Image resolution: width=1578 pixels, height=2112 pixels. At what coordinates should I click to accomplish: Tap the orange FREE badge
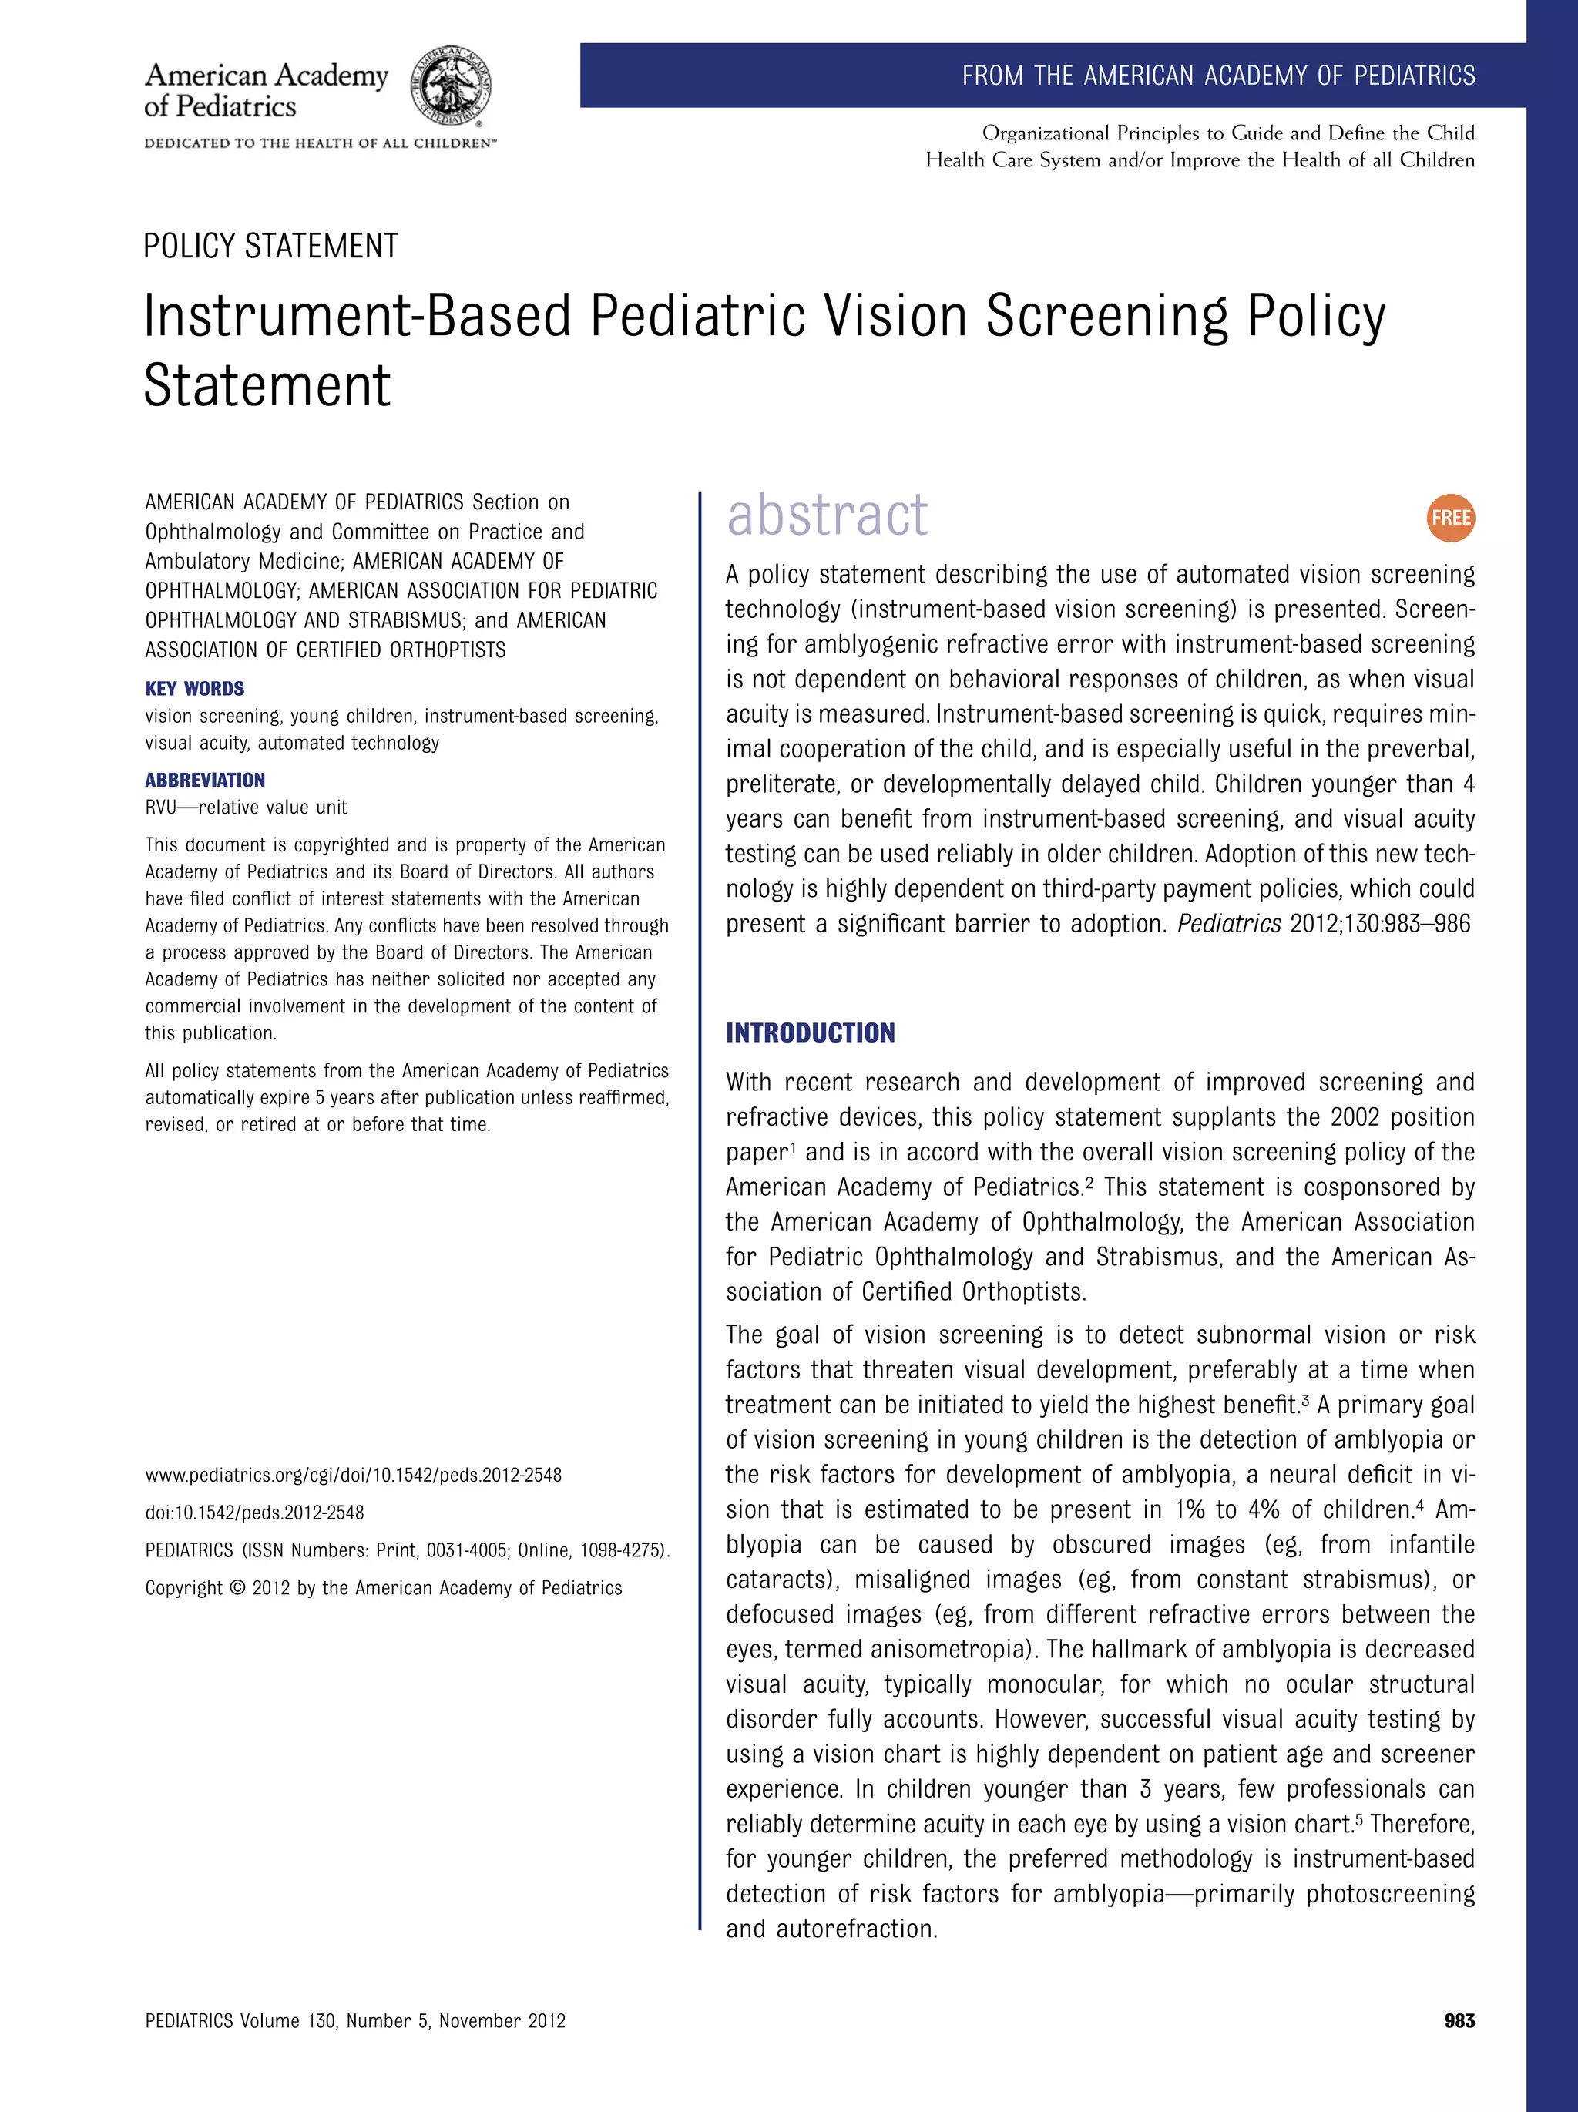click(1451, 518)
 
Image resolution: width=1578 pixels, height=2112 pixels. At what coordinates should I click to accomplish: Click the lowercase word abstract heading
click(827, 515)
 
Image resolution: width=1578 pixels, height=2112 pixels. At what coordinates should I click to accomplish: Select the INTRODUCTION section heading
click(811, 1033)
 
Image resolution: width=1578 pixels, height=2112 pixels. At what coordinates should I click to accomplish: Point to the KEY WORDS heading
click(195, 688)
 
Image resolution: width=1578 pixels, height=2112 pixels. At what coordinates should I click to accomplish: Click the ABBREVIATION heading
click(205, 780)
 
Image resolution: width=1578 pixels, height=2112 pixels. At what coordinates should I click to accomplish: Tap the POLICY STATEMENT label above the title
click(270, 247)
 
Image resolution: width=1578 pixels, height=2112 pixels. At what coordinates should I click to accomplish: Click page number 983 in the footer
click(1459, 2020)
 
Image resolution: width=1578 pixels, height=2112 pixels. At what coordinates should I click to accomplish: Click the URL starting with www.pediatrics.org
click(353, 1475)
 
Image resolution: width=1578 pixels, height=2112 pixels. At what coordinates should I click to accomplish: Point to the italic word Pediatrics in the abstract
click(1230, 924)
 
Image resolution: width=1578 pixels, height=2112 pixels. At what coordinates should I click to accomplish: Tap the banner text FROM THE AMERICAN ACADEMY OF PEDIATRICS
click(1218, 76)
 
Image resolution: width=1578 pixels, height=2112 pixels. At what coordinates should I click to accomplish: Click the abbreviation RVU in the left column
click(161, 808)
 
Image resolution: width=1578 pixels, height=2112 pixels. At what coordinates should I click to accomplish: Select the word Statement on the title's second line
click(267, 386)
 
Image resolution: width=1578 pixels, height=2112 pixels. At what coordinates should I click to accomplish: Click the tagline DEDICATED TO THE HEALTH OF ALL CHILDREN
click(320, 143)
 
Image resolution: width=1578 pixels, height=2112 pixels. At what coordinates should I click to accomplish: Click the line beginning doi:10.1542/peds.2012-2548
click(255, 1513)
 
